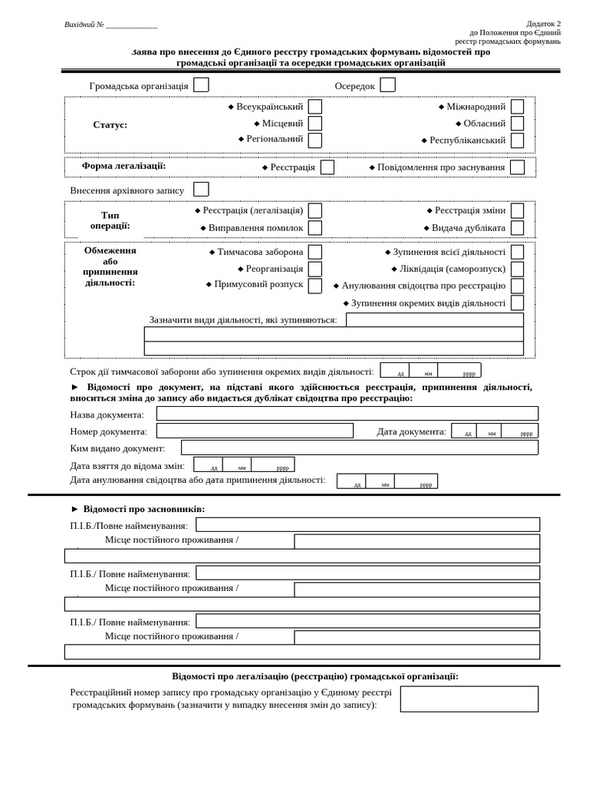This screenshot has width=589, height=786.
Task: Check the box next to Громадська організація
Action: (201, 85)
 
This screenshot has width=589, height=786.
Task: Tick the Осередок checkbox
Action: (387, 85)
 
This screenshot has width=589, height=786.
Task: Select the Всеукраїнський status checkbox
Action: (314, 107)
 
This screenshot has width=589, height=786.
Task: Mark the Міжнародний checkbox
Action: (517, 107)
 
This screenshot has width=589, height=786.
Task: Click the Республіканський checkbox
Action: (517, 140)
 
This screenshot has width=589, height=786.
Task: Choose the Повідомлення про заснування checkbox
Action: (517, 167)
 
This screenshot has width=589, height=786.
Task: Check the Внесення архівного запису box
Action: (201, 190)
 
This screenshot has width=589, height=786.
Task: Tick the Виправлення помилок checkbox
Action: (314, 228)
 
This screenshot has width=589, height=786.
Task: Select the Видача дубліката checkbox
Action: (517, 228)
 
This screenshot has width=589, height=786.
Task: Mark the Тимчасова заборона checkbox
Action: (314, 252)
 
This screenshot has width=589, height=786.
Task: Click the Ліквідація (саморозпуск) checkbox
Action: (517, 269)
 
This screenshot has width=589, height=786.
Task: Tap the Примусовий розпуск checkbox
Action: (314, 286)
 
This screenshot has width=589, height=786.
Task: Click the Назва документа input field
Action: (347, 414)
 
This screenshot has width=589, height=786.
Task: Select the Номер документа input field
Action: (255, 431)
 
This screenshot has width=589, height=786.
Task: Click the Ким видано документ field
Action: (359, 447)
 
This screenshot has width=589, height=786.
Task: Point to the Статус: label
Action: (110, 125)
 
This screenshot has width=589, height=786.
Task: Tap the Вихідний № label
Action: (84, 25)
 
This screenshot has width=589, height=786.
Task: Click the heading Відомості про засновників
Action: (143, 509)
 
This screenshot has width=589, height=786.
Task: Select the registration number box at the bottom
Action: (469, 698)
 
